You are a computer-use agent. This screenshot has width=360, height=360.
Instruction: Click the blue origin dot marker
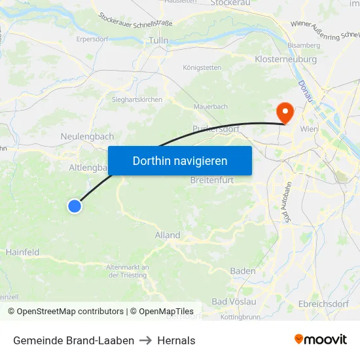pos(75,206)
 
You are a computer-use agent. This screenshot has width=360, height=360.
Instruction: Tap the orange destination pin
pos(285,112)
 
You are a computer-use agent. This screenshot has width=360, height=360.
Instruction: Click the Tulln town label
pos(159,41)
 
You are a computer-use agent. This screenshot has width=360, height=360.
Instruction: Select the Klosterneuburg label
pos(285,59)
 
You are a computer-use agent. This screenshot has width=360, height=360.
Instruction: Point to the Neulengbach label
pos(87,137)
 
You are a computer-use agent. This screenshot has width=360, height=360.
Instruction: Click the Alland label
pos(168,235)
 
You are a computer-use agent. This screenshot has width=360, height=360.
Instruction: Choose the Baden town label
pos(243,271)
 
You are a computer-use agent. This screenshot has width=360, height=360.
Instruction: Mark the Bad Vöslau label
pos(234,301)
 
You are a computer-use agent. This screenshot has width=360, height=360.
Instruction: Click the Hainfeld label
pos(22,252)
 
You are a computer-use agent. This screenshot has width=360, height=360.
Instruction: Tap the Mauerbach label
pos(209,106)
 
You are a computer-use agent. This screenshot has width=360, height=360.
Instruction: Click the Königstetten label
pos(202,67)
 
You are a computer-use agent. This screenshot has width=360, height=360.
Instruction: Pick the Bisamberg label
pos(304,45)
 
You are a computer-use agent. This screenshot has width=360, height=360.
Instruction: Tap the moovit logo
pos(321,339)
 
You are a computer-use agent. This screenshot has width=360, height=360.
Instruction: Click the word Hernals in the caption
pos(176,340)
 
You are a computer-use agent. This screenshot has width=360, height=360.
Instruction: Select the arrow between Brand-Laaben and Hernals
pos(145,340)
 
